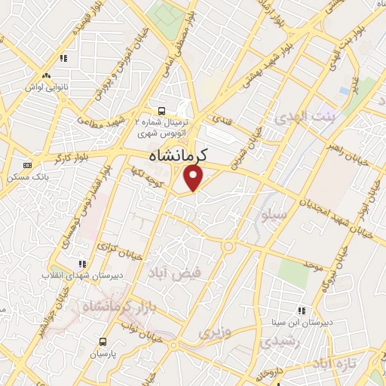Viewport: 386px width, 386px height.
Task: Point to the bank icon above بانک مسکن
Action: [x=28, y=165]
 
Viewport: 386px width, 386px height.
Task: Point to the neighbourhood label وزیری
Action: [x=213, y=331]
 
